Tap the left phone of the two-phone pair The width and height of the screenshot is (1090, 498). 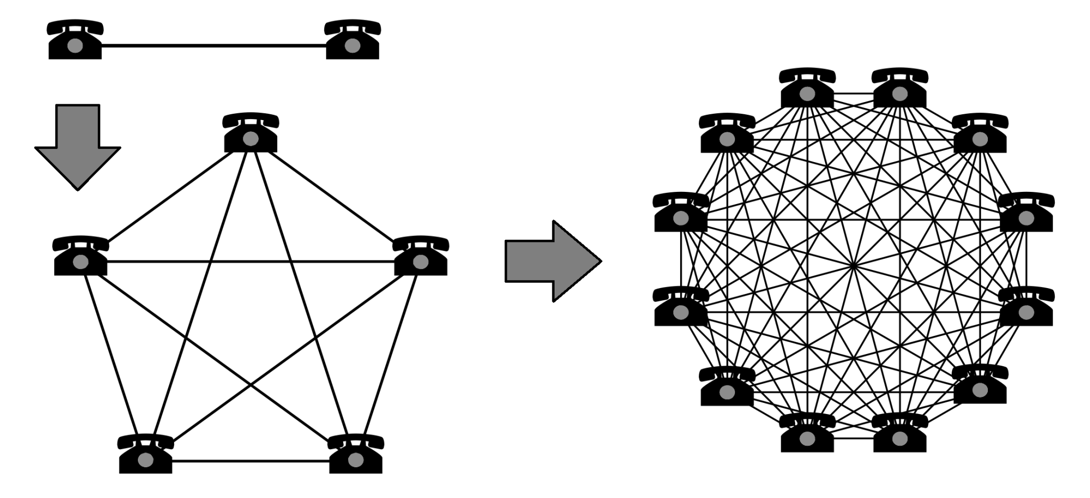click(x=75, y=40)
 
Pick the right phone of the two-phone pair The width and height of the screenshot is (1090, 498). click(x=352, y=40)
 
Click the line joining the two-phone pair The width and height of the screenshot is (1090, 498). click(x=213, y=46)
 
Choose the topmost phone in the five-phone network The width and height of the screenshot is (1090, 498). click(x=251, y=133)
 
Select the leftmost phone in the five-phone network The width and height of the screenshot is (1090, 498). click(x=80, y=257)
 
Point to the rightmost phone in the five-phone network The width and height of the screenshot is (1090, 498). click(x=420, y=257)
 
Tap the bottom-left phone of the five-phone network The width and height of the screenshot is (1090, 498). click(x=145, y=454)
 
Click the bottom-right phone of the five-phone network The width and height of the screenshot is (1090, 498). click(x=356, y=454)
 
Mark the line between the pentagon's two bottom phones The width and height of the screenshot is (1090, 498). click(x=250, y=461)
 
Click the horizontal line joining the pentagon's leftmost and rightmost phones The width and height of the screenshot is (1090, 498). click(x=250, y=261)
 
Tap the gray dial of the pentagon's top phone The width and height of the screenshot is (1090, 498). click(x=251, y=139)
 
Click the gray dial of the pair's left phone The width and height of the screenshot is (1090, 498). click(x=75, y=46)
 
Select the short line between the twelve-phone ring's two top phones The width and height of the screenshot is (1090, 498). click(x=853, y=94)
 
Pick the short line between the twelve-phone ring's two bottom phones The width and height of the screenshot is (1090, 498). click(x=853, y=438)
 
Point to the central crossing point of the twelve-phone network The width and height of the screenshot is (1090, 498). click(x=854, y=265)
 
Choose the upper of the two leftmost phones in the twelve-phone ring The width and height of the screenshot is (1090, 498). click(x=681, y=213)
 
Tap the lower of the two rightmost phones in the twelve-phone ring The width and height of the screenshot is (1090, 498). click(x=1026, y=307)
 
